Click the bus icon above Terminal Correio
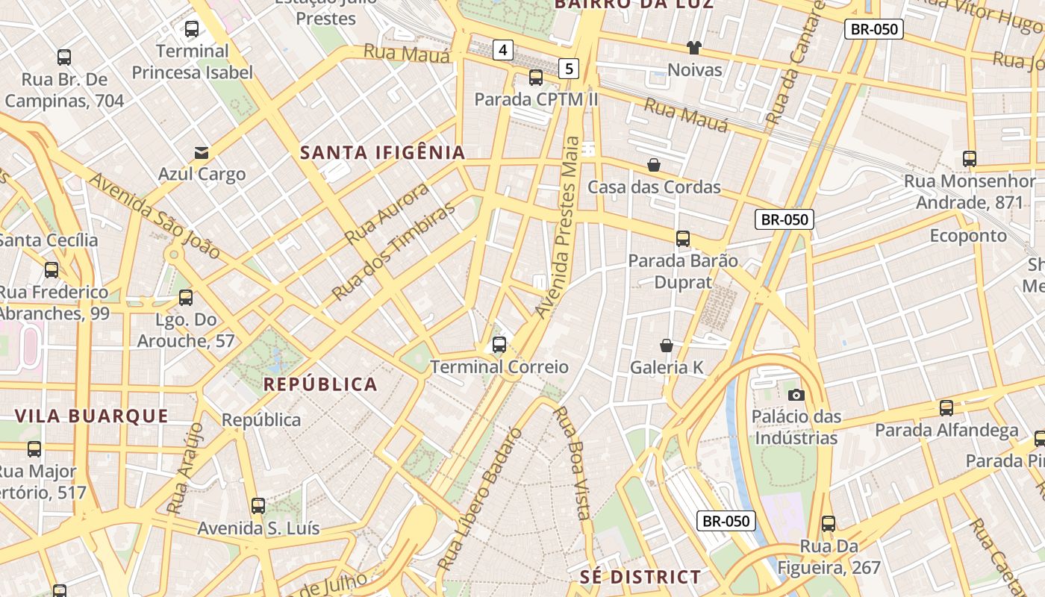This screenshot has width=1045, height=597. coord(499,345)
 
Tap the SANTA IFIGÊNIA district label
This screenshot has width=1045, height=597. coord(382,153)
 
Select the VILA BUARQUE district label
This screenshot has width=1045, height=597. coord(92,416)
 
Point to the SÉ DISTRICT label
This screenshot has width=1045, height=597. coord(640,577)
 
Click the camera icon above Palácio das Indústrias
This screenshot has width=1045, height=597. coord(796,395)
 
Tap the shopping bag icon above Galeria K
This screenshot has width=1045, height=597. coord(667,346)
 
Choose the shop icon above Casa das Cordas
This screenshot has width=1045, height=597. coord(654,165)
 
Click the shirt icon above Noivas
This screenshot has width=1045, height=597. coord(694,49)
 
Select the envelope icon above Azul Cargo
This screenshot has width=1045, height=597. coord(202,153)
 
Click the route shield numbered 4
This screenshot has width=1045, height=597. coord(503,50)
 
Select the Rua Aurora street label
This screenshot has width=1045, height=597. coord(387,213)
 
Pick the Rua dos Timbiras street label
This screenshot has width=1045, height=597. coord(393,249)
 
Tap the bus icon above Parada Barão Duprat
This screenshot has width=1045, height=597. coord(683,239)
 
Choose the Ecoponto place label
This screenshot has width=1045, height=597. coord(968,236)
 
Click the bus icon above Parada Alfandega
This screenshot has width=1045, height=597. coord(946,408)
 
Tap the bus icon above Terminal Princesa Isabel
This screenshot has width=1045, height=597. coord(192,30)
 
